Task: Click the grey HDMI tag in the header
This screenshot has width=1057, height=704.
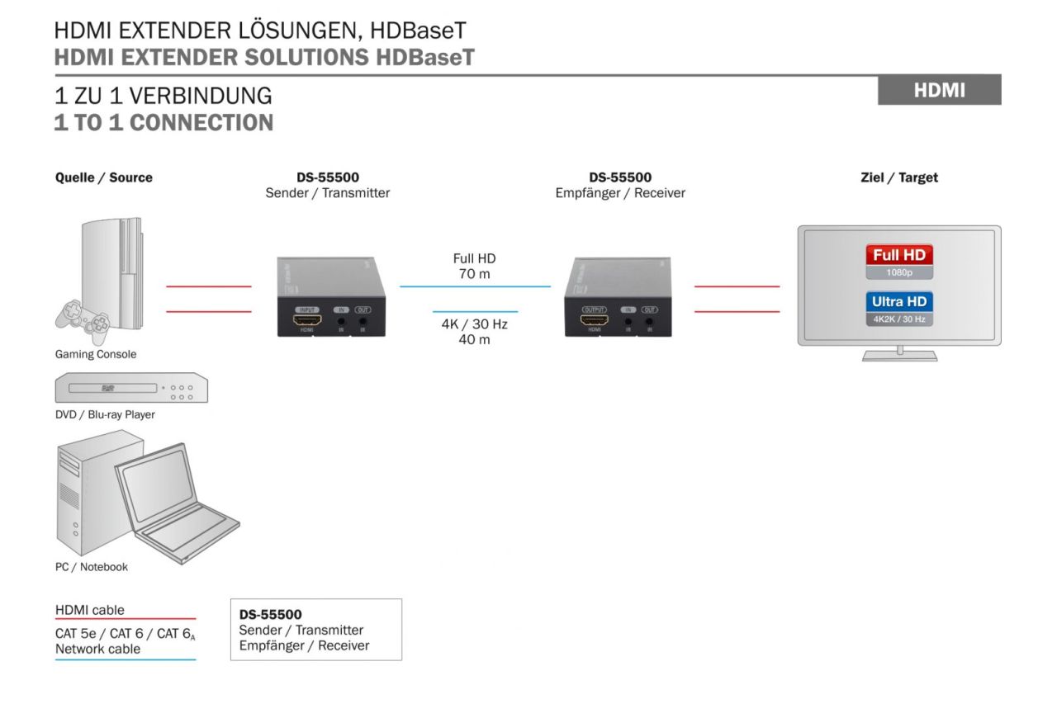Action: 939,90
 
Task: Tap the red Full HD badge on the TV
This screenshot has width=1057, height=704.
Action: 898,255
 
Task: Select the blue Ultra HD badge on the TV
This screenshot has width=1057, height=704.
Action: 898,302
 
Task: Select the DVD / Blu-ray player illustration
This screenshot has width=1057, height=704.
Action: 130,389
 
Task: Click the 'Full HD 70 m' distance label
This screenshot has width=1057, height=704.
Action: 474,266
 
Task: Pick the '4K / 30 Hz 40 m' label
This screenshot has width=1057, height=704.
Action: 474,332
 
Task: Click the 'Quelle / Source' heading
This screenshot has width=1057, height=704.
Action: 103,177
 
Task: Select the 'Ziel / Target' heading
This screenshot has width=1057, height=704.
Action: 899,177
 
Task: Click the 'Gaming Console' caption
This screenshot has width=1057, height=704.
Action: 96,354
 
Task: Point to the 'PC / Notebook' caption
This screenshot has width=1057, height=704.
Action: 92,567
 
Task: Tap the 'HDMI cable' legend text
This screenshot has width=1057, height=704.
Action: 90,610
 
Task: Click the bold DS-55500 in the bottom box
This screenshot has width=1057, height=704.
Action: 270,615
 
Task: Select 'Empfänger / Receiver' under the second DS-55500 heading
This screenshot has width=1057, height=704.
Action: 619,193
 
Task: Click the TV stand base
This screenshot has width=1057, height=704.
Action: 899,357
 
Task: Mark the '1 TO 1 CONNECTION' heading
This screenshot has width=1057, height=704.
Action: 164,123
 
